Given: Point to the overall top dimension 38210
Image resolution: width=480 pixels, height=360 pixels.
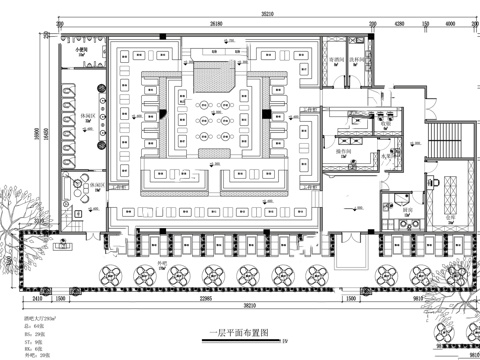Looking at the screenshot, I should point(239,14).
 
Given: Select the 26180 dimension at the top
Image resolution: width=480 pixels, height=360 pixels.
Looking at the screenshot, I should point(215,22).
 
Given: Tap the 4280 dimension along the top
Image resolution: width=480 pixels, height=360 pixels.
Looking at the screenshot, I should point(398,22).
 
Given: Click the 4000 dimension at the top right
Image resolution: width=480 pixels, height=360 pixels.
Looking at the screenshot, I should point(447,22).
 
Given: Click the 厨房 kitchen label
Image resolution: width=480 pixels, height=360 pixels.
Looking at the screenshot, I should point(409,210).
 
